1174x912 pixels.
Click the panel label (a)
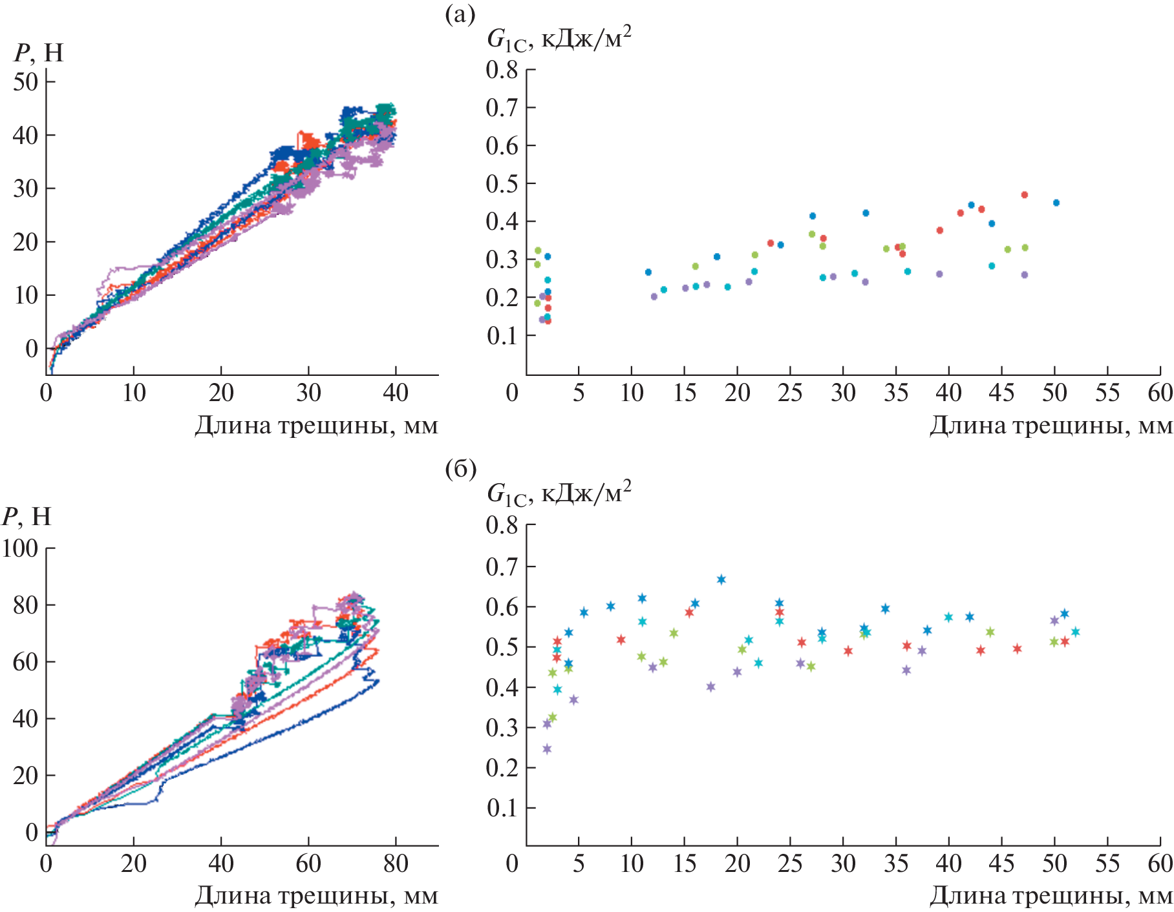[460, 14]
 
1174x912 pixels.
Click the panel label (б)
[460, 469]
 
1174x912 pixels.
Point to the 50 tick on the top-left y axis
[26, 82]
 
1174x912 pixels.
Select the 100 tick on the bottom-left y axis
[20, 548]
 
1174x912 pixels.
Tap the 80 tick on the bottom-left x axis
[396, 864]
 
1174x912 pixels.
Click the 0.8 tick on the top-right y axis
[502, 70]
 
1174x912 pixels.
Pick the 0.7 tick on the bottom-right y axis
[502, 566]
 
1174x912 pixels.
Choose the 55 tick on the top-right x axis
[1107, 393]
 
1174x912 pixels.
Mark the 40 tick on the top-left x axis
[396, 393]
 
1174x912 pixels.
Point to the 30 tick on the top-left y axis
[26, 189]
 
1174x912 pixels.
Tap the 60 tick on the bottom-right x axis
[1160, 864]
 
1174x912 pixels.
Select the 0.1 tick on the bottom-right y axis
[502, 808]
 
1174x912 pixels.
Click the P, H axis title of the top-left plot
[39, 53]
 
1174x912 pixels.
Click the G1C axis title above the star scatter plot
[559, 493]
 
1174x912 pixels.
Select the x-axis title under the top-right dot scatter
[1051, 426]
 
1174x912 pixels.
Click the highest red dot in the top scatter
[1024, 194]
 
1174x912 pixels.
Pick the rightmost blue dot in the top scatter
[1056, 202]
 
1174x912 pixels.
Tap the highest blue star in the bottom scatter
[721, 579]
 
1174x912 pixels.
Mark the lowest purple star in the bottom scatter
[547, 749]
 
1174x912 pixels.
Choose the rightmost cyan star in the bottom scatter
[1076, 632]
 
